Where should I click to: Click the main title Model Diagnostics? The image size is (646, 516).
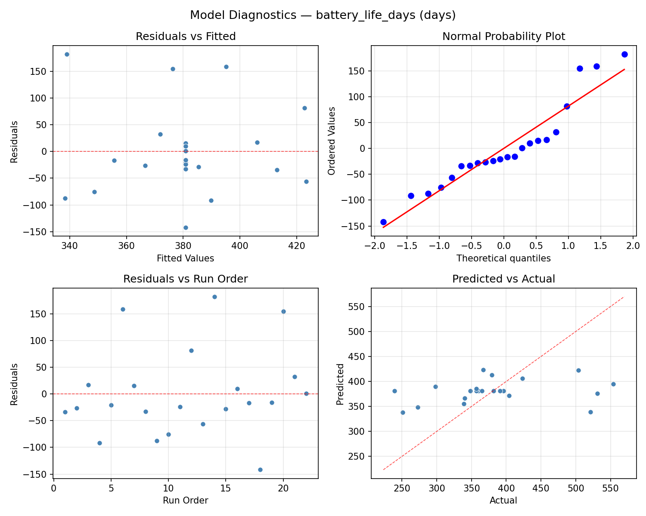[323, 15]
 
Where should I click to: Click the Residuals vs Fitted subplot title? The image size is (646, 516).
[186, 37]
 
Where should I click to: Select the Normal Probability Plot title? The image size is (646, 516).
[503, 37]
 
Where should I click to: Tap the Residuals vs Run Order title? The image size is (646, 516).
[186, 279]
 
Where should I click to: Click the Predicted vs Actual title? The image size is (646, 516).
[503, 279]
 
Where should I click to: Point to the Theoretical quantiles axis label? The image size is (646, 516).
[503, 258]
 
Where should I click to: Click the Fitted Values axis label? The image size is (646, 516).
[186, 258]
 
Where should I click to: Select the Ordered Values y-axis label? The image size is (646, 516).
[331, 141]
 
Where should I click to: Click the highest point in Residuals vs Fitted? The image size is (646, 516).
[67, 54]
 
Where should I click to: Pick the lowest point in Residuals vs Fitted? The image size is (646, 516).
[186, 227]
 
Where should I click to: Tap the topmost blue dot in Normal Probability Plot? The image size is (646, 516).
[624, 54]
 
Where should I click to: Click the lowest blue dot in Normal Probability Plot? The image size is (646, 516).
[383, 222]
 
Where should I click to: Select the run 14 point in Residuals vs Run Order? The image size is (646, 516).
[214, 297]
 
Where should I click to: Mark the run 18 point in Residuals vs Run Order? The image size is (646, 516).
[260, 470]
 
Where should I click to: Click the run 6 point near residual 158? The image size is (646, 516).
[123, 309]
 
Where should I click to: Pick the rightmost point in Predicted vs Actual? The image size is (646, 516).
[613, 384]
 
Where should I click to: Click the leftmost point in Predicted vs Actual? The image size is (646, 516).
[394, 391]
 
